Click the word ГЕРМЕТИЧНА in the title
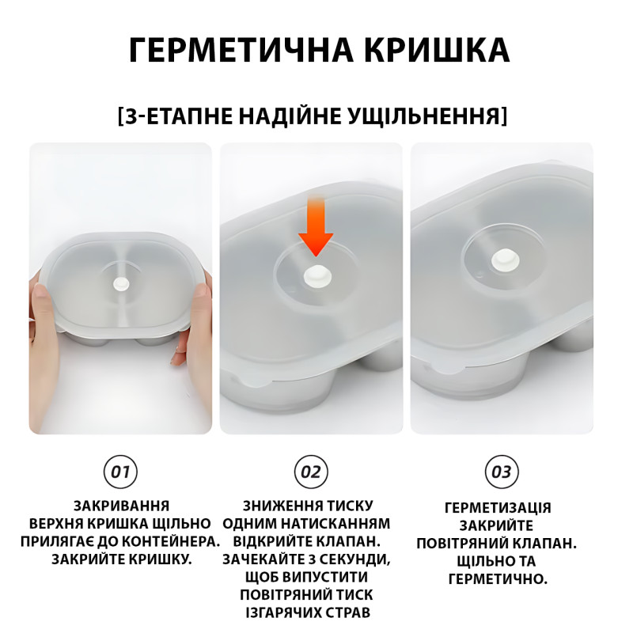(x=241, y=50)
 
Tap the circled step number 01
(x=120, y=472)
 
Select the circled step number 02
(x=311, y=472)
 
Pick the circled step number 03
(x=502, y=472)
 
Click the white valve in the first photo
(x=121, y=283)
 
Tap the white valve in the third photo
(x=502, y=260)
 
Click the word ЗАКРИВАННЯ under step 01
(x=121, y=506)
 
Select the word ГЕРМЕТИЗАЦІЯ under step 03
(x=498, y=507)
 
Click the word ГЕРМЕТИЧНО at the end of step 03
(x=498, y=579)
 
